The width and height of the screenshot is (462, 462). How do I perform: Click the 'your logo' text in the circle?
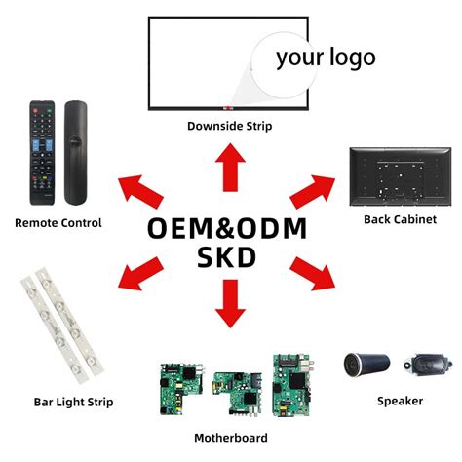pyautogui.click(x=325, y=58)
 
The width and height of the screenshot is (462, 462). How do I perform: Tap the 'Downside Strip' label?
pyautogui.click(x=230, y=126)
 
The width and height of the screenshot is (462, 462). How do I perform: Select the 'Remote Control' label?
pyautogui.click(x=58, y=223)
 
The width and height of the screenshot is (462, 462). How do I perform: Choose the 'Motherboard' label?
pyautogui.click(x=231, y=438)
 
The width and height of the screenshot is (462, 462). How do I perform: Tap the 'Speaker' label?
pyautogui.click(x=401, y=401)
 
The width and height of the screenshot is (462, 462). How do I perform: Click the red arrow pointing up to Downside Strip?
pyautogui.click(x=231, y=168)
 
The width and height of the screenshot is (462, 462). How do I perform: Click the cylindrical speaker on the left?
pyautogui.click(x=367, y=366)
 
